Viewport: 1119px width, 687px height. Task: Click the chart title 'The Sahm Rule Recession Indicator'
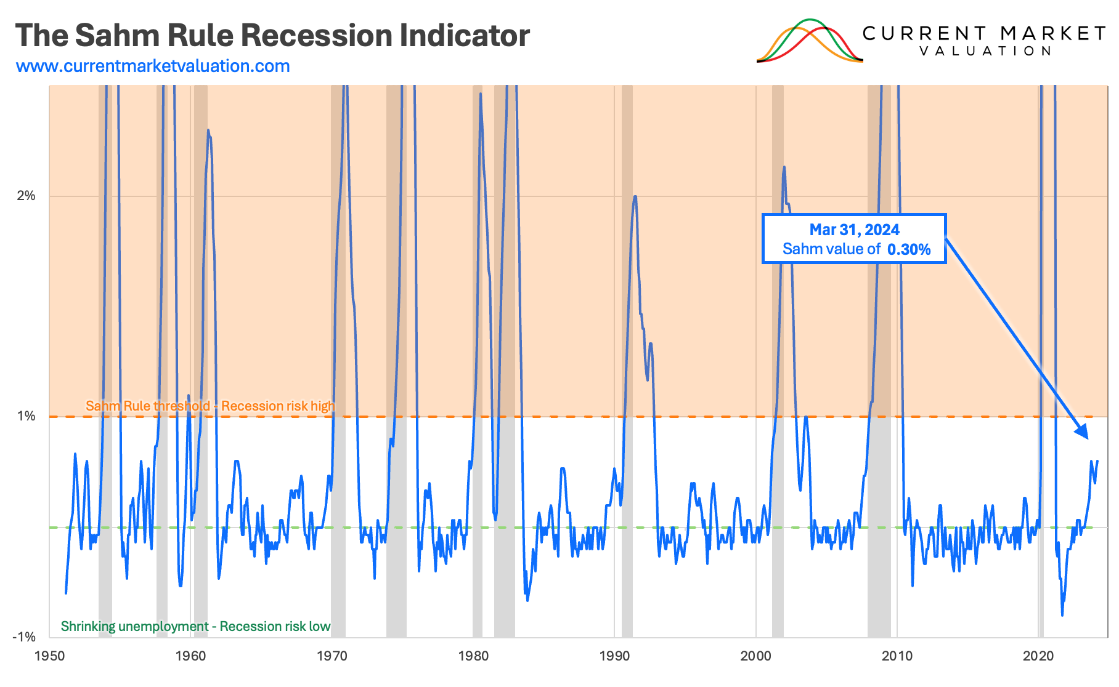click(x=272, y=35)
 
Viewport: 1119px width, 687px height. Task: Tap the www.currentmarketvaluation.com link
click(x=153, y=66)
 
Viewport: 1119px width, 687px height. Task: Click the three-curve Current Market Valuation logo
click(x=810, y=41)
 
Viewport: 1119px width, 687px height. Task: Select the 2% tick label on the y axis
click(x=26, y=196)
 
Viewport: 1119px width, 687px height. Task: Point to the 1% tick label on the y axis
click(x=26, y=416)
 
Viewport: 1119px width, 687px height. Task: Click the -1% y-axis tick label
click(x=24, y=637)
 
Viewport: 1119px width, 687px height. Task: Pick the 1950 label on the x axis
click(x=49, y=656)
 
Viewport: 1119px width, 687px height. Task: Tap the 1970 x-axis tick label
click(x=332, y=656)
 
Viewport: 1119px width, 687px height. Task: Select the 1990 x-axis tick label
click(x=614, y=656)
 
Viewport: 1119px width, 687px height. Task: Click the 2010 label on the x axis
click(x=897, y=656)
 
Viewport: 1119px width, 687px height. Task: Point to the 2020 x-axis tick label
click(x=1038, y=656)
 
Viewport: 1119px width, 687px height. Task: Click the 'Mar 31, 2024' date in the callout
click(x=854, y=230)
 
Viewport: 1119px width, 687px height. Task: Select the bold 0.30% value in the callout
click(x=909, y=249)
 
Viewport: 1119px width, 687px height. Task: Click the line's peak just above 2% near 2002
click(x=784, y=167)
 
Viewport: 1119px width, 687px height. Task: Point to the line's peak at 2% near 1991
click(x=635, y=196)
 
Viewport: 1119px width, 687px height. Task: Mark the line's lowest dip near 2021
click(x=1062, y=614)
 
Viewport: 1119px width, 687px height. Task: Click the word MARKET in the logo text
click(x=1052, y=33)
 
